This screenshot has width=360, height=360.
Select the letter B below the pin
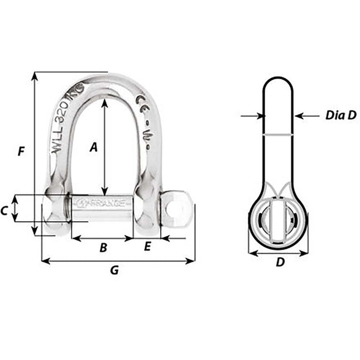[103, 248]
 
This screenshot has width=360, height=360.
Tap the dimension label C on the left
[4, 210]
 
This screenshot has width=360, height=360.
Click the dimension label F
[21, 151]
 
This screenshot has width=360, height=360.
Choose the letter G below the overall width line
[114, 271]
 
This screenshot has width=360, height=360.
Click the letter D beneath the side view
[281, 262]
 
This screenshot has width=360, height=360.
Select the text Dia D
[340, 116]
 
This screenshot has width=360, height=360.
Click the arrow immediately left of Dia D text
[298, 116]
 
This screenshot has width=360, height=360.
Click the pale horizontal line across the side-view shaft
[279, 135]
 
